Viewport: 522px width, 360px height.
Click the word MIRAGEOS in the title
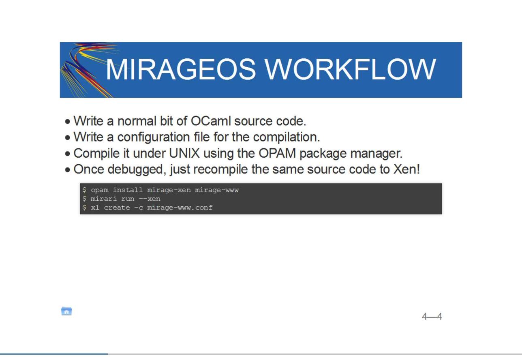coord(181,69)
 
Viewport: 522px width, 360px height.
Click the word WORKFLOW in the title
coord(350,69)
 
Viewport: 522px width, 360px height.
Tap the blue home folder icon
coord(66,311)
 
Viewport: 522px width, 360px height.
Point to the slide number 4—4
coord(432,316)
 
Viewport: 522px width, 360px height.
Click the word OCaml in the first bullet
coord(211,121)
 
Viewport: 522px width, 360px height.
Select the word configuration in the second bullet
coord(154,137)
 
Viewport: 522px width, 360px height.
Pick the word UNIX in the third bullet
coord(184,153)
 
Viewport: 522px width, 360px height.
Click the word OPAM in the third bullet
coord(277,153)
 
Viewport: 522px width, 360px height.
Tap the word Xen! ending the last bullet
coord(406,169)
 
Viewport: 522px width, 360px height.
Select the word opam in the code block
coord(100,190)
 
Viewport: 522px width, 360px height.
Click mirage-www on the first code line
coord(217,190)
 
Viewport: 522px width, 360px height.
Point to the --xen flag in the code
coord(150,199)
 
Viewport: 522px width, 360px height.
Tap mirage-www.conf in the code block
coord(180,208)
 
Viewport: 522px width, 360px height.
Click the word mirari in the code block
coord(104,199)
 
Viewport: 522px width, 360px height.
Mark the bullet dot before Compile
coord(68,154)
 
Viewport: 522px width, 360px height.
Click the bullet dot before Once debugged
coord(68,170)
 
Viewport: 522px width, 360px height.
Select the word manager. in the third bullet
coord(377,154)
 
